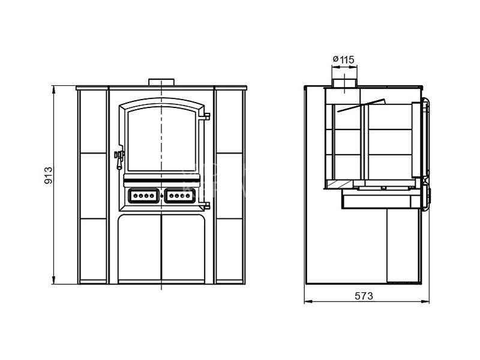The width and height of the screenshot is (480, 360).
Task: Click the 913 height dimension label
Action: pos(49,175)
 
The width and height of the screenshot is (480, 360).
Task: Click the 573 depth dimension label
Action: pos(364,296)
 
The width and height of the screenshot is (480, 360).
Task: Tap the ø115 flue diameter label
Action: pos(343,59)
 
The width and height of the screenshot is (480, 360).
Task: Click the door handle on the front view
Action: pos(119,159)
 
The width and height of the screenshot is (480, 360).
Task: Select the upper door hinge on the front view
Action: pos(205,116)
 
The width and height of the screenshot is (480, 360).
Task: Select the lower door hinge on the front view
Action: pos(205,205)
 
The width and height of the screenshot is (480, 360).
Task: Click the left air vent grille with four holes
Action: pos(143,196)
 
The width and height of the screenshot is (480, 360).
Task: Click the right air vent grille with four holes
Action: pos(179,196)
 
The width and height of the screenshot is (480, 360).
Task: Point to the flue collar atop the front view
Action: pos(161,82)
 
